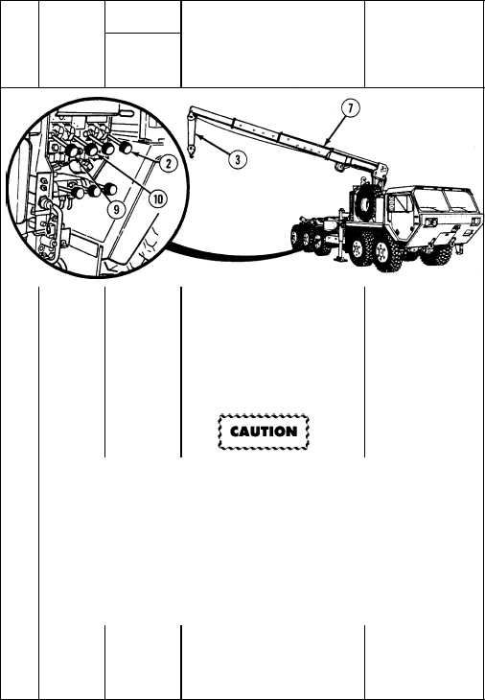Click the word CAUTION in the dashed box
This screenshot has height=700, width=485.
pos(264,432)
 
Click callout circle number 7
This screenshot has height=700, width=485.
pos(351,109)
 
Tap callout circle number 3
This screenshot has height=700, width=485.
pos(238,159)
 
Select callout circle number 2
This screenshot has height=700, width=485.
pos(168,164)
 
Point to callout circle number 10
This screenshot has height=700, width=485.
pos(158,198)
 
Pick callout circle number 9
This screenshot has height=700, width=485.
pos(116,210)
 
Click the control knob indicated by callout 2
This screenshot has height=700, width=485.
pos(127,148)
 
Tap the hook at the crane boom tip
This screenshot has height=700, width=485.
pos(191,151)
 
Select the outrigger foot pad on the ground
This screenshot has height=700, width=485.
pos(340,259)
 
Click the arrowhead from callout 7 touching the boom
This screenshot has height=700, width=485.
pos(328,142)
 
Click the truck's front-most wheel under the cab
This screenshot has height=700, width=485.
pos(440,254)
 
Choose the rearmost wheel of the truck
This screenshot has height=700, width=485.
pos(296,237)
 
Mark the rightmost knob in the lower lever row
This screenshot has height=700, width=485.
pos(109,189)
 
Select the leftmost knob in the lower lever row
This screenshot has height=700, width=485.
pos(78,193)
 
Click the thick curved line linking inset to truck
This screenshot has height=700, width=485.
pos(231,255)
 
